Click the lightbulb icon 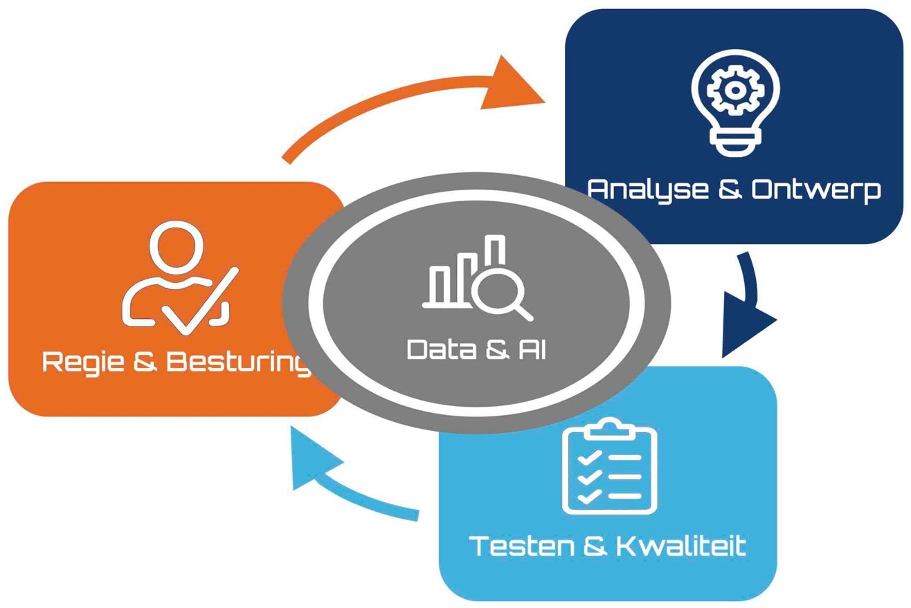point(735,103)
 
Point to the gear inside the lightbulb point(734,90)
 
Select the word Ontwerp point(816,190)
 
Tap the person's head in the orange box point(176,247)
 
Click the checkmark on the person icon point(200,302)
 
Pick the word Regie point(83,362)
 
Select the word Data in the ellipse point(441,349)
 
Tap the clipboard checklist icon point(609,466)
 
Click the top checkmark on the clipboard point(590,458)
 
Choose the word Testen point(521,546)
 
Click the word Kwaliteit point(682,546)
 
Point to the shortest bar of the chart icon point(438,284)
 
